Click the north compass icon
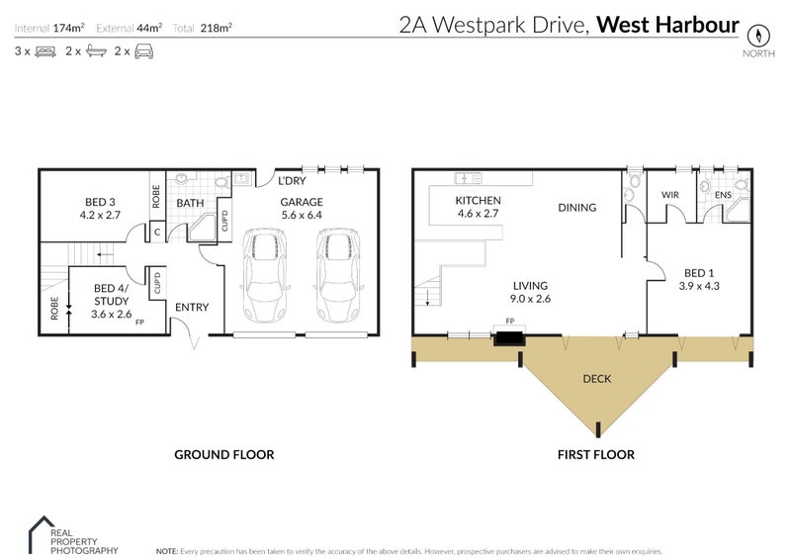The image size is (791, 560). pos(757,32)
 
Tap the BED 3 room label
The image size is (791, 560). pos(99,205)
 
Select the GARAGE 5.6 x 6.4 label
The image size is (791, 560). pos(301,207)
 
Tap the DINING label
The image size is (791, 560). pos(576,208)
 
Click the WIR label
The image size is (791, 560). pos(670,195)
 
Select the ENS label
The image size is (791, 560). pos(724,195)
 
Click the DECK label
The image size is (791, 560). pos(596,377)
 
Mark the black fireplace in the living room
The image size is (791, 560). pos(509,338)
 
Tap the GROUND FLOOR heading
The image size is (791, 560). pos(223,455)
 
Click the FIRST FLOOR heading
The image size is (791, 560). pos(595,455)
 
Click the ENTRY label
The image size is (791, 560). pos(191,308)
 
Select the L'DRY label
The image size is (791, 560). pos(293,181)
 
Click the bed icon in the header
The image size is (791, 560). pos(44,50)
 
